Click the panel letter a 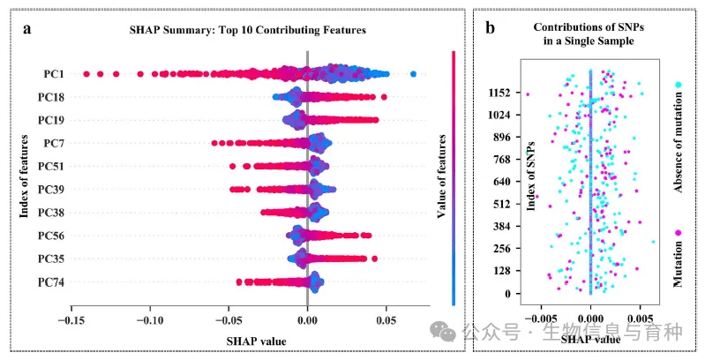click(x=28, y=28)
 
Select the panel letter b click(x=490, y=28)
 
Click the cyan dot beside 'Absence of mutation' click(x=679, y=85)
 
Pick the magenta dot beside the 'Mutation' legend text click(x=679, y=232)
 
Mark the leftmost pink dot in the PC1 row click(x=86, y=73)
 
